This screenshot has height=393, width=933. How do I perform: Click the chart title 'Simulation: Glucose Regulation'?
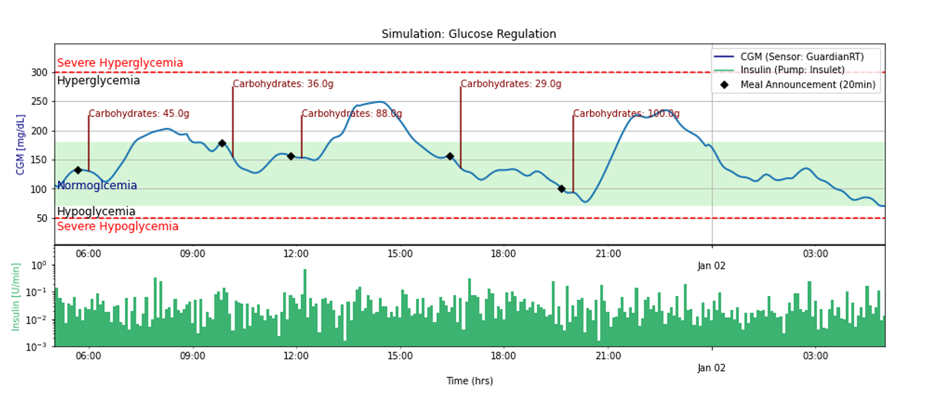tap(468, 34)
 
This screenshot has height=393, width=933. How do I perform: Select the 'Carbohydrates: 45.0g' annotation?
tap(139, 114)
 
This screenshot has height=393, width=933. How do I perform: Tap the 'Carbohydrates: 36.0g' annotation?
tap(283, 84)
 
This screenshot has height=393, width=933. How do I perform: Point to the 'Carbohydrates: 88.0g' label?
tap(352, 114)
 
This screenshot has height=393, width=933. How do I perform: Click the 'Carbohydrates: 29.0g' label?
tap(511, 84)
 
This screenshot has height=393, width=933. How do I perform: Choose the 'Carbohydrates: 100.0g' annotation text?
tap(626, 114)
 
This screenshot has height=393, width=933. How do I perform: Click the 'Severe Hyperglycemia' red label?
tap(120, 63)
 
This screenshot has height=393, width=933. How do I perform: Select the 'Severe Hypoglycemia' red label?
tap(118, 226)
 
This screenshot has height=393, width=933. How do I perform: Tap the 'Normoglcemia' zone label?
tap(97, 185)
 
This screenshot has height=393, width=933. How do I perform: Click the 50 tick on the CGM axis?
tap(43, 219)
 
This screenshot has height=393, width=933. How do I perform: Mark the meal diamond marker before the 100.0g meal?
tap(561, 189)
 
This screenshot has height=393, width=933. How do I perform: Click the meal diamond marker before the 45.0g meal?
tap(78, 170)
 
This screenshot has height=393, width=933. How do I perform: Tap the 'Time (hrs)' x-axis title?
tap(469, 381)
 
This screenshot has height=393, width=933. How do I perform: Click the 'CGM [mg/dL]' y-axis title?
tap(20, 145)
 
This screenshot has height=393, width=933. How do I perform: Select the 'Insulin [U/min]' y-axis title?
tap(16, 297)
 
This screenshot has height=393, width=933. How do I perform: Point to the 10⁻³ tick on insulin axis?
tap(38, 347)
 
